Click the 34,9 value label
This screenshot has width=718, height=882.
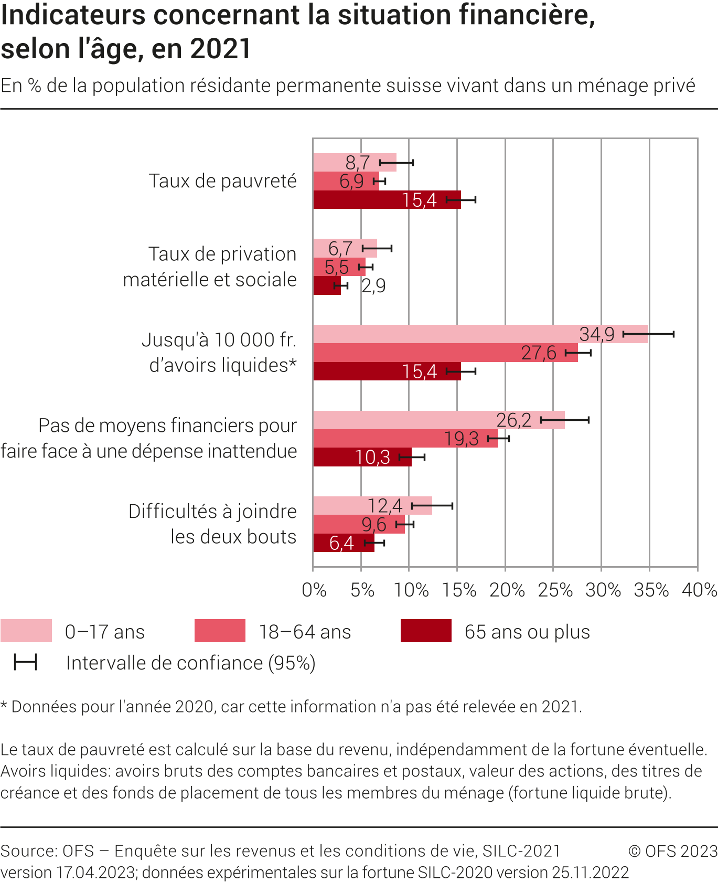tap(596, 334)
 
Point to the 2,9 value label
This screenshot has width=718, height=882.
tap(373, 286)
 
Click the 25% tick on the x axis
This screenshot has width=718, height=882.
tap(555, 590)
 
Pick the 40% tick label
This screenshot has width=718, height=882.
tap(699, 590)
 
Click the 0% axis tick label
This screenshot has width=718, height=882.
tap(314, 590)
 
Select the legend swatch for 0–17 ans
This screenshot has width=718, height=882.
tap(26, 631)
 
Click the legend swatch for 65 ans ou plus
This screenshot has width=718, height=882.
tap(426, 631)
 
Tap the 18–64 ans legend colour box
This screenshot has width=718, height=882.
tap(220, 631)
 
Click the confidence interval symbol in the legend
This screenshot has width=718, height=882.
tap(25, 663)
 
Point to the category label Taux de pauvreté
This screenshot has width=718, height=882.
tap(222, 181)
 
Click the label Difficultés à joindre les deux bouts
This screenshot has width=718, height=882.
tap(212, 524)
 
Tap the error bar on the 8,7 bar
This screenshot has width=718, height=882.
tap(396, 163)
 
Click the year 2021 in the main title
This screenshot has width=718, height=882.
tap(221, 49)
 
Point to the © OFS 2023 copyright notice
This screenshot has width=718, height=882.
tap(672, 851)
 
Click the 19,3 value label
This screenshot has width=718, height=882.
tap(461, 439)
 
